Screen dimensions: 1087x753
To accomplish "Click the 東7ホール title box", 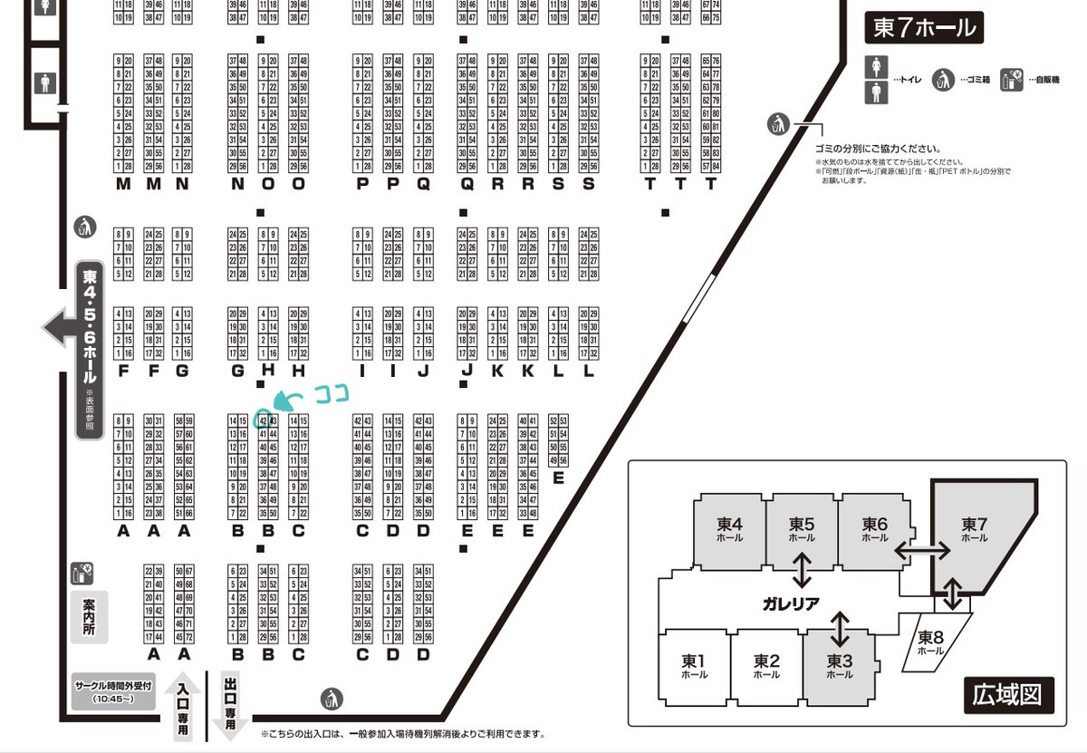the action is (924, 28).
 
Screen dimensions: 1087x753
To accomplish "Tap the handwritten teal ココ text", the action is (332, 393).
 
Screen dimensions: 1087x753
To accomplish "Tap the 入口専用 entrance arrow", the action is (183, 708).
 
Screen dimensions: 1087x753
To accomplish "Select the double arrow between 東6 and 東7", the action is (923, 549).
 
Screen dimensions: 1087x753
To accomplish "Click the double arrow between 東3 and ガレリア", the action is (840, 628).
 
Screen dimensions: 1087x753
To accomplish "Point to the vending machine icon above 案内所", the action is (82, 573).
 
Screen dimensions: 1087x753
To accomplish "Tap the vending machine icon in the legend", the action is (1012, 79).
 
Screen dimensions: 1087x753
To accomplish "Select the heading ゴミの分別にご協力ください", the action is (877, 149).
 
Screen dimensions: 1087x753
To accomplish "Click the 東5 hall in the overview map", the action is (803, 529).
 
